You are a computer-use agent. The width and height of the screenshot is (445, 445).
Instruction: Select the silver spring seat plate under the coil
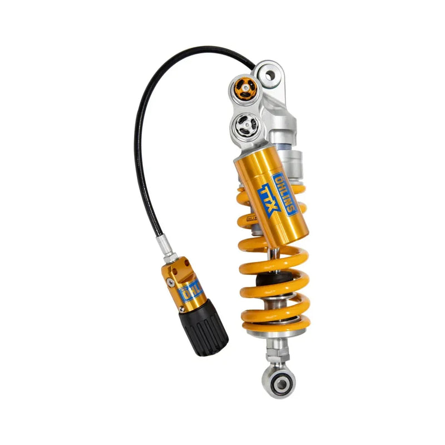tap(276, 333)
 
